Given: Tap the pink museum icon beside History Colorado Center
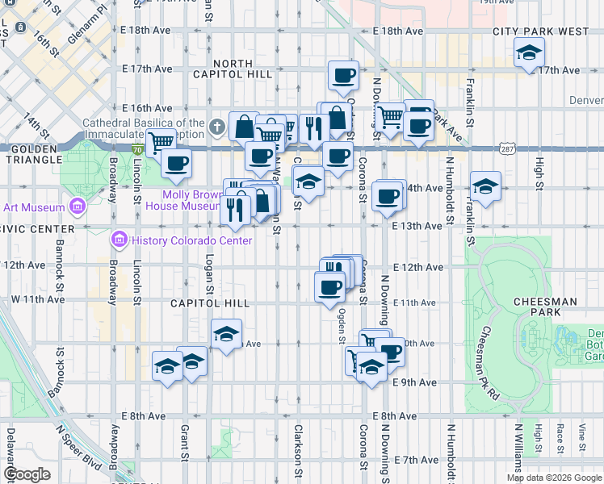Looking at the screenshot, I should [x=119, y=240].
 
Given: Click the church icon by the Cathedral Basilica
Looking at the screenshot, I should [x=216, y=127].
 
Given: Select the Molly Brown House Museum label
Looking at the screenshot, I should [x=192, y=200].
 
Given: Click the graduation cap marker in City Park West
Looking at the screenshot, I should [x=529, y=54].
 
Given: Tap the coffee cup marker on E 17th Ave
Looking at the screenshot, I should [x=343, y=77].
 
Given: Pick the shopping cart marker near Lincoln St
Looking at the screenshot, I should [x=161, y=142].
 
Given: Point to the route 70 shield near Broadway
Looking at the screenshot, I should [x=137, y=149].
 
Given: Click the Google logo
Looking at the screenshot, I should [x=27, y=474].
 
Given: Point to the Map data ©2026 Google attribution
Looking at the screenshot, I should [x=554, y=478].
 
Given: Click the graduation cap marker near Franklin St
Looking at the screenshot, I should [x=484, y=187].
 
